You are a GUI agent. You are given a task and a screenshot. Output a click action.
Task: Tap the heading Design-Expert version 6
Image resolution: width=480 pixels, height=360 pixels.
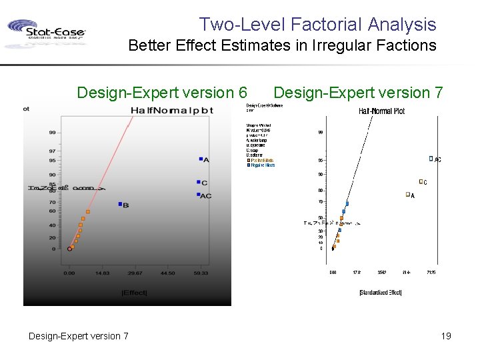(x=162, y=92)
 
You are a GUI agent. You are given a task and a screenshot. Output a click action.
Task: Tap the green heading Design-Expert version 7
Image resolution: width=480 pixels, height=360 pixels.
(x=358, y=92)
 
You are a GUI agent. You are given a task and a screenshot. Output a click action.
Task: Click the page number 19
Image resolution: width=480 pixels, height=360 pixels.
(x=446, y=336)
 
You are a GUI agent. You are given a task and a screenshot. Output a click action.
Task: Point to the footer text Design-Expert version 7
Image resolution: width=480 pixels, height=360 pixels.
(x=79, y=336)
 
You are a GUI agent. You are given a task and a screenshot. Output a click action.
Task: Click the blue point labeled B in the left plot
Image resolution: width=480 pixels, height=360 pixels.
(x=120, y=204)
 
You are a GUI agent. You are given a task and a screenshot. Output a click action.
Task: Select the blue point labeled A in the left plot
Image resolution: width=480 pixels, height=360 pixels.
(x=200, y=159)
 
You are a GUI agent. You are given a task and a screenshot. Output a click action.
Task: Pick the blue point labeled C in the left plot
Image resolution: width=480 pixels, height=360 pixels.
(x=199, y=182)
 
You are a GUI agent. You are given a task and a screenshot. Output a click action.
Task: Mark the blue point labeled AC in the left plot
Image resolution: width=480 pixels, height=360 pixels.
(x=199, y=195)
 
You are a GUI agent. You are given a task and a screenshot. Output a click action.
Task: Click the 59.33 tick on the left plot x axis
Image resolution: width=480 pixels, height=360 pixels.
(x=200, y=273)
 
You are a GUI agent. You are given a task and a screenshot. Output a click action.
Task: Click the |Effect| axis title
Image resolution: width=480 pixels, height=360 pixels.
(x=135, y=293)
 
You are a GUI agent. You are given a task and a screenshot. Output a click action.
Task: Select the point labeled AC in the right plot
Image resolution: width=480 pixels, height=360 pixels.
(x=431, y=159)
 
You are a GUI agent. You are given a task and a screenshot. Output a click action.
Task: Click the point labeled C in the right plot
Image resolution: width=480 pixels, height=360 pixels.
(x=421, y=181)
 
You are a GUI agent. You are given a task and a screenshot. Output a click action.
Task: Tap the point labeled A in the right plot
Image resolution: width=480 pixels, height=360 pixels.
(x=407, y=195)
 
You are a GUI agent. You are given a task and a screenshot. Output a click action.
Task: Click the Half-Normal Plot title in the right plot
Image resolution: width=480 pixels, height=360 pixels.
(x=382, y=111)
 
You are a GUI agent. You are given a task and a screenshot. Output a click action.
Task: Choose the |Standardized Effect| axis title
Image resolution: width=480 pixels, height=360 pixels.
(x=380, y=292)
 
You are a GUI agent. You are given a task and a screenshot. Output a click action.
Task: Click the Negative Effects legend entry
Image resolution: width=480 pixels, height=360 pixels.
(x=261, y=165)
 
